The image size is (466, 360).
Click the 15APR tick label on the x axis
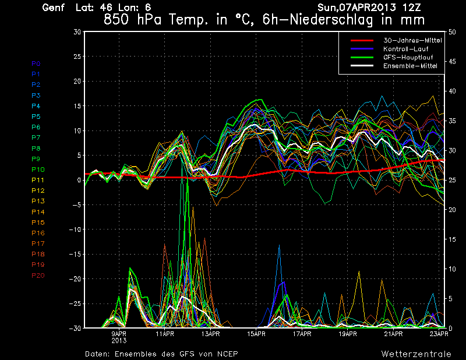coord(256,334)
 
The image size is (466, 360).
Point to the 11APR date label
coord(165,334)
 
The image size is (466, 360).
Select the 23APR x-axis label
coord(439,334)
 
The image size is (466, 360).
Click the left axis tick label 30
coord(76,32)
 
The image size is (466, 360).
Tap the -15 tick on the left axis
coord(73,254)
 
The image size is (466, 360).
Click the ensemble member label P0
coord(36,63)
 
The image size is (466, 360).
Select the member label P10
coord(38,170)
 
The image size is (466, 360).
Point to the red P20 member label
coord(38,276)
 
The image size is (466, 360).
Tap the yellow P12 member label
coord(38,190)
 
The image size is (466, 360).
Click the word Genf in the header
coord(54,8)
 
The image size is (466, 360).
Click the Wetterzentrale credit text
coord(416,354)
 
